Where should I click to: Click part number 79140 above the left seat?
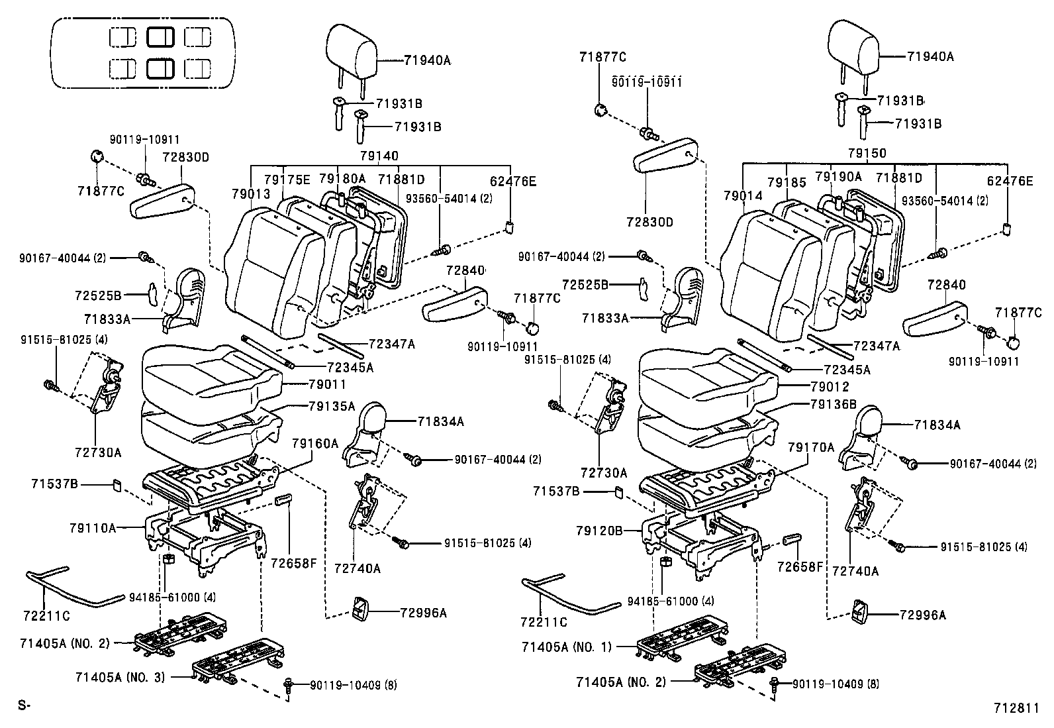tap(379, 156)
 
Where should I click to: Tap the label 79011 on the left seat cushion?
tap(327, 384)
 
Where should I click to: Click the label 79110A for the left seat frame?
tap(93, 528)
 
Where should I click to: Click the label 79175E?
tap(287, 180)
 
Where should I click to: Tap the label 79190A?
tap(838, 177)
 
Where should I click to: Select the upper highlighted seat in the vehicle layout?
tap(160, 37)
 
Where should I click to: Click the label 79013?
tap(251, 193)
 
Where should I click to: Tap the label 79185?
tap(787, 182)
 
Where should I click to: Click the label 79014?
tap(743, 195)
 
